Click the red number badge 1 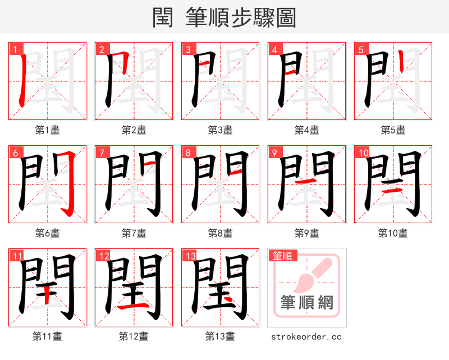(14, 49)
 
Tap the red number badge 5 (360, 49)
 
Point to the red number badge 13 (189, 256)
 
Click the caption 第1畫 (48, 130)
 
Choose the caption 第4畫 (307, 130)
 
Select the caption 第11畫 (48, 336)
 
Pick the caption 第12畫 (134, 336)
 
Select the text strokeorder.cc (306, 337)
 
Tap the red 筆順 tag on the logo (282, 256)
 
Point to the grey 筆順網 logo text (307, 303)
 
